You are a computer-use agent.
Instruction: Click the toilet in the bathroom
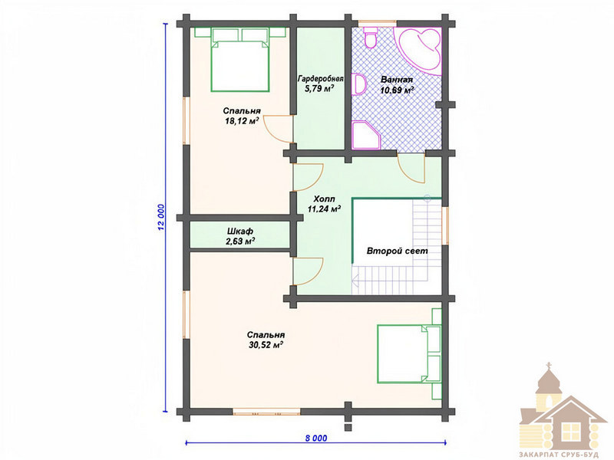tap(370, 38)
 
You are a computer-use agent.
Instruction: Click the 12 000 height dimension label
tap(161, 217)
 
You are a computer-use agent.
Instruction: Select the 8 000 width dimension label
tap(316, 438)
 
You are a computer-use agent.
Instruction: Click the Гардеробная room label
tap(320, 79)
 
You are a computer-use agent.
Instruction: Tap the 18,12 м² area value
tap(242, 121)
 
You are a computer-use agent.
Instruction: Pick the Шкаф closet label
tap(240, 232)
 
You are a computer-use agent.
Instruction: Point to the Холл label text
tap(324, 199)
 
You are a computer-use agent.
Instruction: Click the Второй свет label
tap(397, 251)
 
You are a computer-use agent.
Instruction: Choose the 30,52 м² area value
tap(266, 345)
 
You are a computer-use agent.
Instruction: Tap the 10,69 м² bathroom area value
tap(398, 90)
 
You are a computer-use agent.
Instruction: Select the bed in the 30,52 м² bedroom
tap(409, 353)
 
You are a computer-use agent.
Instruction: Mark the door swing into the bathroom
tap(411, 169)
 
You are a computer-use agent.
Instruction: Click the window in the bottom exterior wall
tap(266, 412)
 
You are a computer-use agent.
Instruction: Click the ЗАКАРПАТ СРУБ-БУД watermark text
tap(560, 455)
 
